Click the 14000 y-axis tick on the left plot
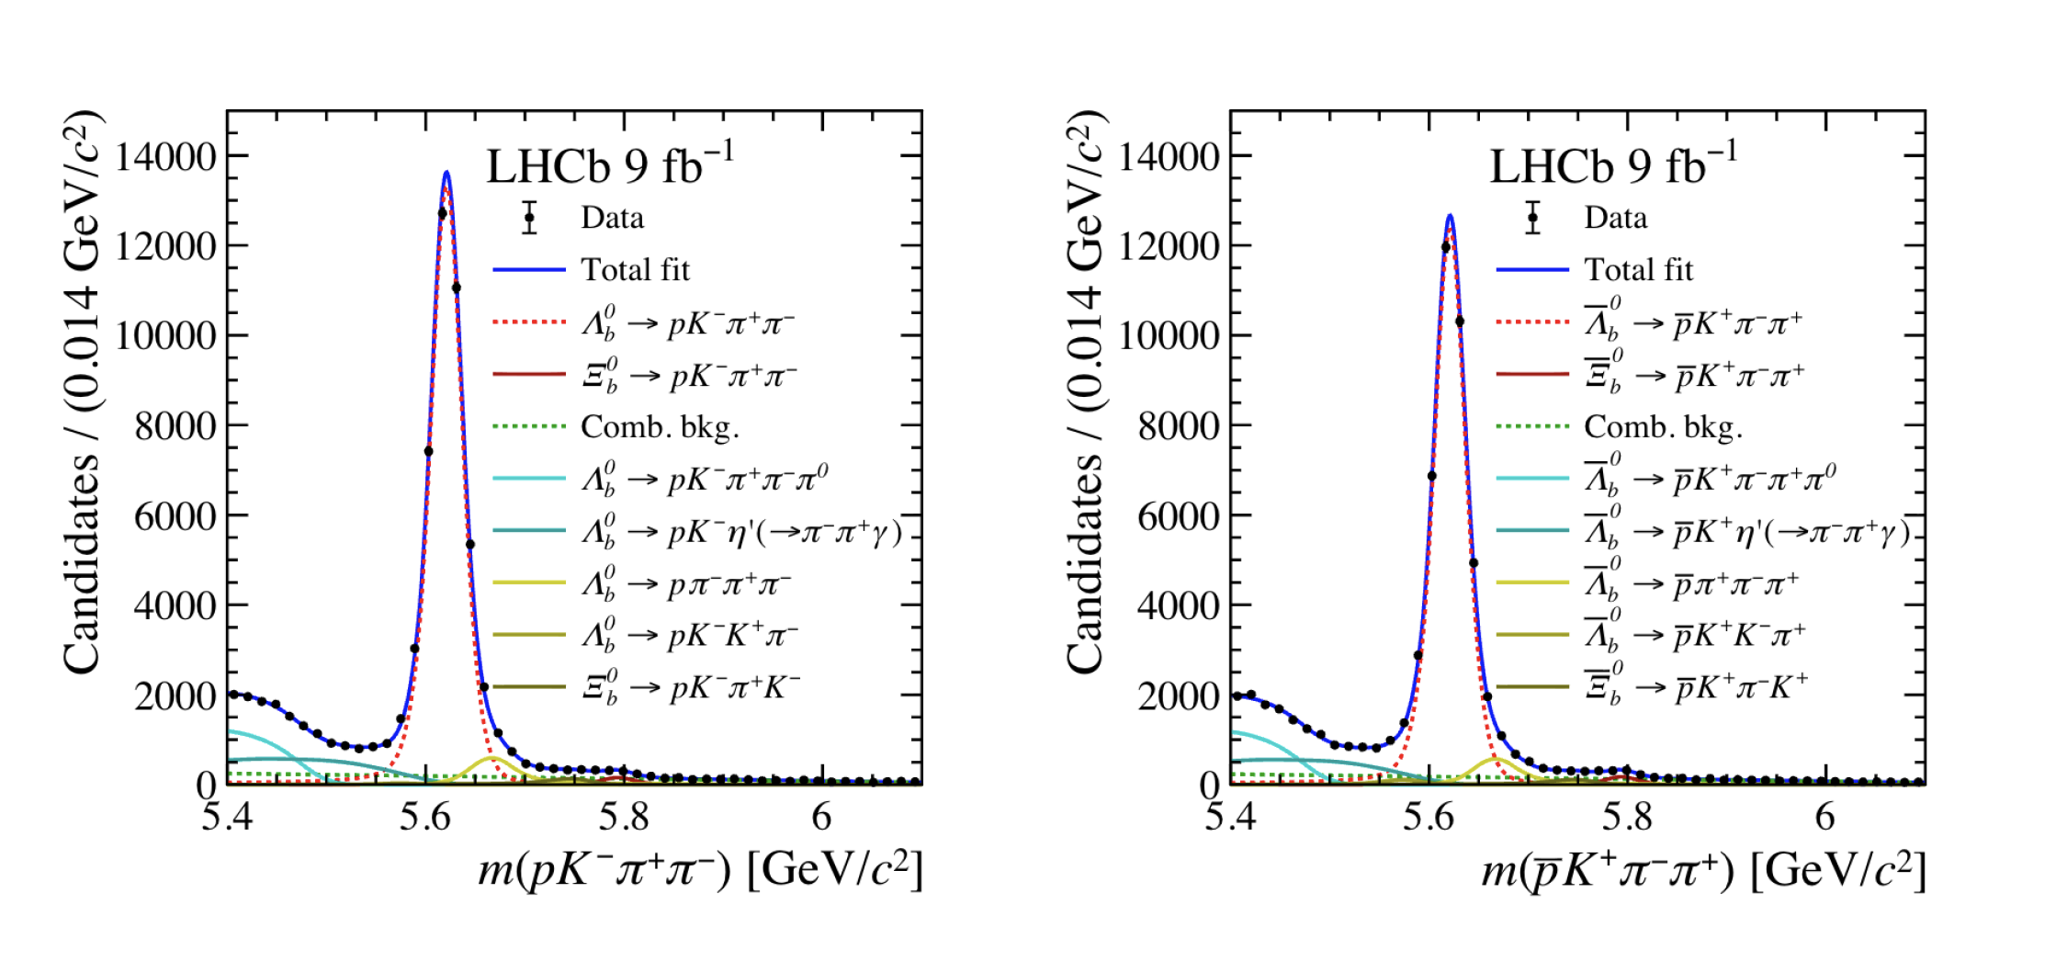click(x=164, y=157)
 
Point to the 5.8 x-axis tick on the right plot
click(x=1627, y=817)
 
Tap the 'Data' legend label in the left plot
click(x=612, y=218)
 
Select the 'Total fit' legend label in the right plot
click(x=1638, y=270)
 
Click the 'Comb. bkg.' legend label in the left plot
click(x=660, y=427)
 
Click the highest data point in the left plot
click(x=442, y=213)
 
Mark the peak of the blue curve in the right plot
click(x=1450, y=215)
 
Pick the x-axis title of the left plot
click(x=699, y=869)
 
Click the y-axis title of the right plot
click(x=1086, y=390)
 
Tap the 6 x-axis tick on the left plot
click(x=821, y=817)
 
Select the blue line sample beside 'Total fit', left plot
click(x=529, y=270)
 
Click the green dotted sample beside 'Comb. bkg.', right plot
click(x=1532, y=426)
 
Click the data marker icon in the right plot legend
click(x=1532, y=219)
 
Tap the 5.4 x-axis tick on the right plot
click(x=1230, y=817)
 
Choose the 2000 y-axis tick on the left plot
click(x=175, y=696)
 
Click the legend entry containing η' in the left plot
click(x=740, y=532)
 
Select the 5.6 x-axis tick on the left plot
click(x=425, y=817)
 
